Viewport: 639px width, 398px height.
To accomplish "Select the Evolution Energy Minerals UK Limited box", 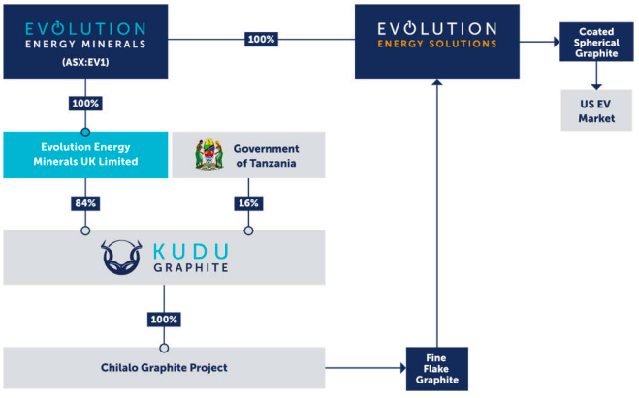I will [84, 155].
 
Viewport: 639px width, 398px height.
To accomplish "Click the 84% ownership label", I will [84, 203].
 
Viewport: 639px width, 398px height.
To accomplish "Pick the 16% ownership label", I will [248, 203].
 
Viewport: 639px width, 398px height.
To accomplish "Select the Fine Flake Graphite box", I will [435, 368].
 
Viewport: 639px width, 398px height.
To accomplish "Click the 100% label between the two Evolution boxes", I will [261, 40].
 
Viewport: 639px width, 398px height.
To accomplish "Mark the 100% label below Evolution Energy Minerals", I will [84, 103].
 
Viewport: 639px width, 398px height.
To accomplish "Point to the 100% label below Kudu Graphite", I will [164, 320].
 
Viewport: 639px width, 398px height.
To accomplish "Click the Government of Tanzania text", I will [266, 155].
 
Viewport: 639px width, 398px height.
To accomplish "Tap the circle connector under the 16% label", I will [248, 230].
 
